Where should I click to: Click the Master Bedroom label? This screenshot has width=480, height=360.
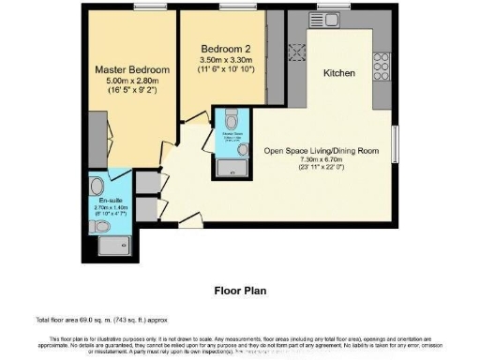(131, 70)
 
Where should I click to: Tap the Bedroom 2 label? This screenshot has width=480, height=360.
(225, 49)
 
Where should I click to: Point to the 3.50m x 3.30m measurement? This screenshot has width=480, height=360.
(225, 59)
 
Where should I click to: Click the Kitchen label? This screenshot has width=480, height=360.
(339, 73)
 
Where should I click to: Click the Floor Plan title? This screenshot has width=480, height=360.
(240, 290)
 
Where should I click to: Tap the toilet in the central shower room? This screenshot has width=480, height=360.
(232, 119)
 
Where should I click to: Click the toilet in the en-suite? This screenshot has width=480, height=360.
(102, 226)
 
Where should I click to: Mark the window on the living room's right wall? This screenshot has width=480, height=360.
(394, 145)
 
